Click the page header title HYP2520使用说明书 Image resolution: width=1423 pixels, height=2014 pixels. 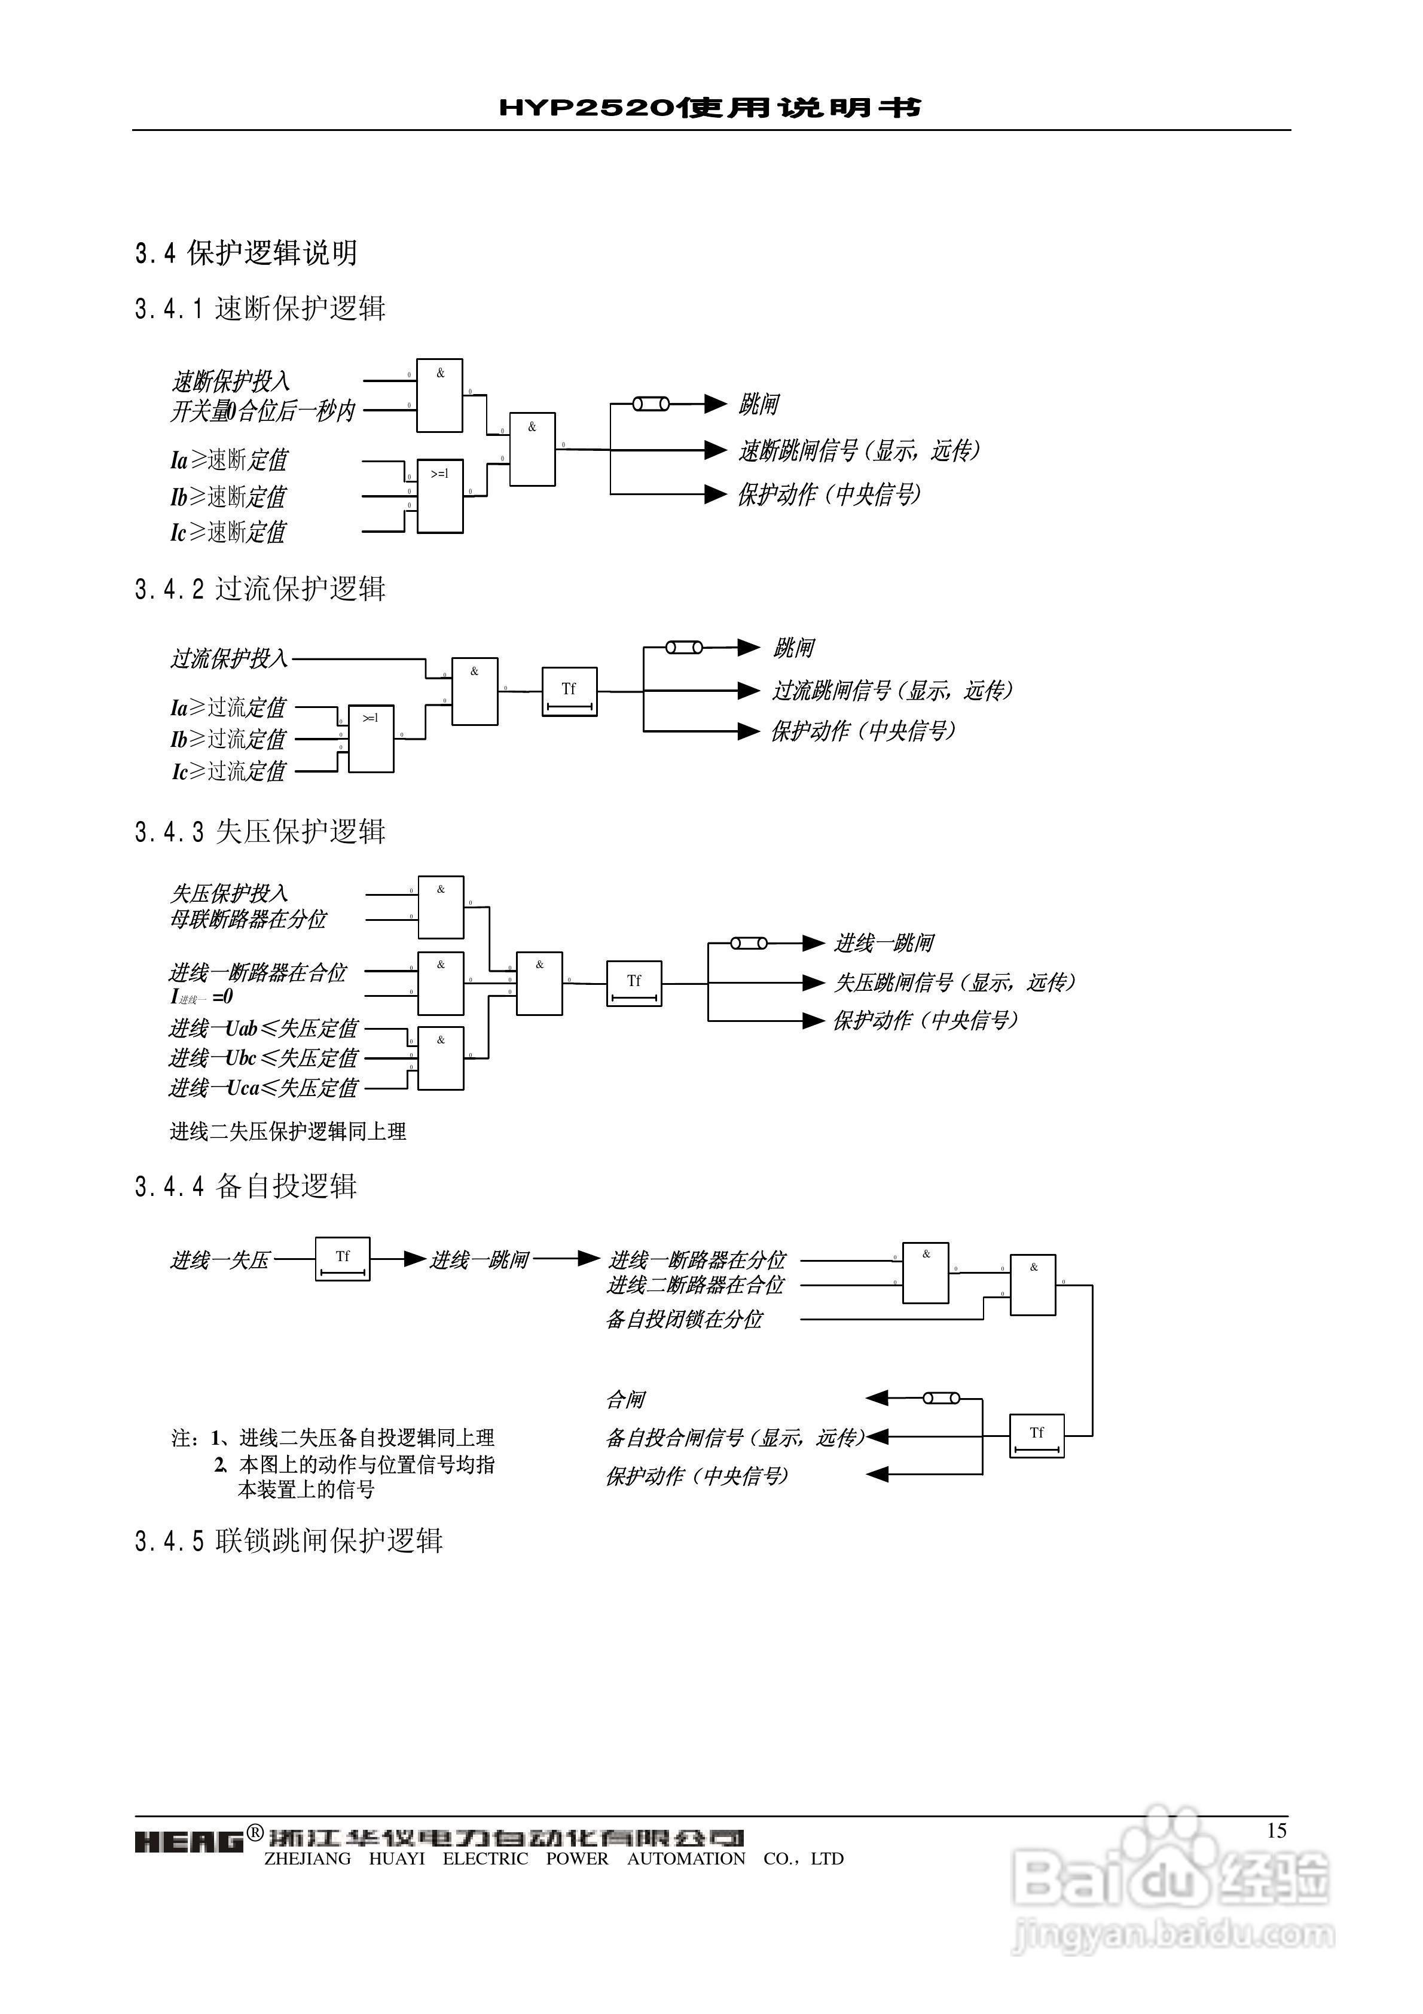(x=711, y=107)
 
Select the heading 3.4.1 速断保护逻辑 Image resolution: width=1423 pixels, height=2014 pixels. (x=261, y=308)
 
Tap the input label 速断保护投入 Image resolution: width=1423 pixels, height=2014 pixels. (x=230, y=381)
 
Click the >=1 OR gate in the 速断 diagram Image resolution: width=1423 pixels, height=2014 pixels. (x=439, y=496)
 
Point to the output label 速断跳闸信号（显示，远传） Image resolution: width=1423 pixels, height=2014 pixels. (x=858, y=451)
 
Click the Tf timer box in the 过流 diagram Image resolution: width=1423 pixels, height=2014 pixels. (x=569, y=691)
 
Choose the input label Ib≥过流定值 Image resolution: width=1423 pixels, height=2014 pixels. (x=228, y=740)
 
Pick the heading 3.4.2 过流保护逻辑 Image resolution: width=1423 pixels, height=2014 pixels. (x=261, y=588)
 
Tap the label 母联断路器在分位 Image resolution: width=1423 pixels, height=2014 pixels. (x=248, y=919)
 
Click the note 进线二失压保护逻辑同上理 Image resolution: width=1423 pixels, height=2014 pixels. (x=288, y=1131)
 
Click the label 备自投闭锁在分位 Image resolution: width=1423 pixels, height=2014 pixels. (x=685, y=1319)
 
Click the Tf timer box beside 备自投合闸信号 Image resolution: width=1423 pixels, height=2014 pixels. (x=1036, y=1436)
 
